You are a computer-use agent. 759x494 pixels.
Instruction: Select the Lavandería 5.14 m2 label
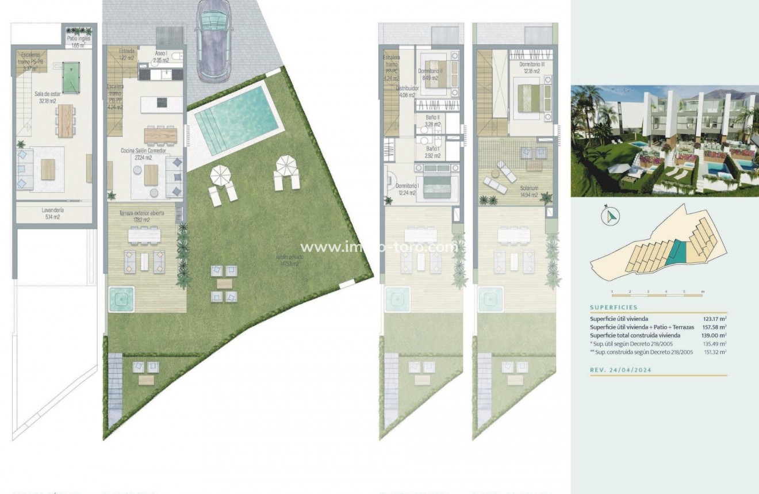pos(52,213)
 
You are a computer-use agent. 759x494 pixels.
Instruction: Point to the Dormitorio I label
pos(407,189)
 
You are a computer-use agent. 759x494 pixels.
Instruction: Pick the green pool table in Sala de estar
pos(71,78)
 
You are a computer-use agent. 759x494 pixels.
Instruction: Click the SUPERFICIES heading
pos(614,308)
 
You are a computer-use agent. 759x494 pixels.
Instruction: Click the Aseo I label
pos(161,56)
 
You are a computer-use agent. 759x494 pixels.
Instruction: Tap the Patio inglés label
pos(79,41)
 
